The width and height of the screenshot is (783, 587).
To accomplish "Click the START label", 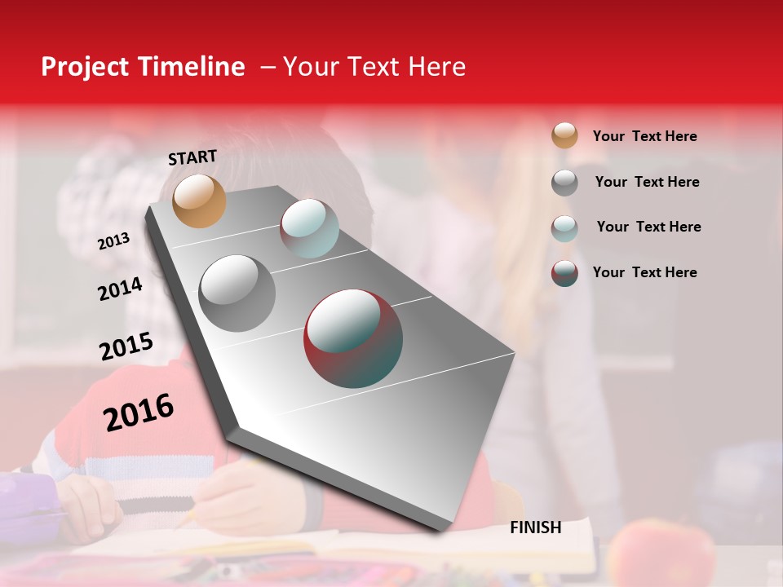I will (x=192, y=157).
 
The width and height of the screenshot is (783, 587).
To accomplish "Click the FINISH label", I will (x=535, y=527).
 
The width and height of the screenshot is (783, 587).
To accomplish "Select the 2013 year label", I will (x=113, y=241).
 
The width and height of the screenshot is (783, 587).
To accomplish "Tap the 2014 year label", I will (x=120, y=289).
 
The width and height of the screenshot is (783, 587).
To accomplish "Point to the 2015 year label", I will (x=126, y=346).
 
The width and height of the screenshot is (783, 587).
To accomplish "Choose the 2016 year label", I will (x=139, y=412).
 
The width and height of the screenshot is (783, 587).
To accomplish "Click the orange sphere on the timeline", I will (x=199, y=201).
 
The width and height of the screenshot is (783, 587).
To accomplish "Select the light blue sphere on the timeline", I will (x=309, y=227).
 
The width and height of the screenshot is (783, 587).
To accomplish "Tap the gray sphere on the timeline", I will (x=237, y=293).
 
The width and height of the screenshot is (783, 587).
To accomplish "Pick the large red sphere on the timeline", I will (x=353, y=338).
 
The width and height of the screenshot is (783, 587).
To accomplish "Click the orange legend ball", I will (x=564, y=135).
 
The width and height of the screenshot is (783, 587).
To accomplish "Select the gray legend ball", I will (x=564, y=182).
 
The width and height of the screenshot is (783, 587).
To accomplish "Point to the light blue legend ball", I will (x=564, y=227).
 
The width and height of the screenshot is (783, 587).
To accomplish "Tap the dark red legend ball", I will (x=564, y=273).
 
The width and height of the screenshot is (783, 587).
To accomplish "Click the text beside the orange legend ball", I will (x=644, y=136).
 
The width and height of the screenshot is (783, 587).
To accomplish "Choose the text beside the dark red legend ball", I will (x=644, y=272).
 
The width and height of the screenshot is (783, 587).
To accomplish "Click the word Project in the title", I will (x=84, y=67).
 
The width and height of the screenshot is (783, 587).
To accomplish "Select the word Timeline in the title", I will (x=192, y=67).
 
